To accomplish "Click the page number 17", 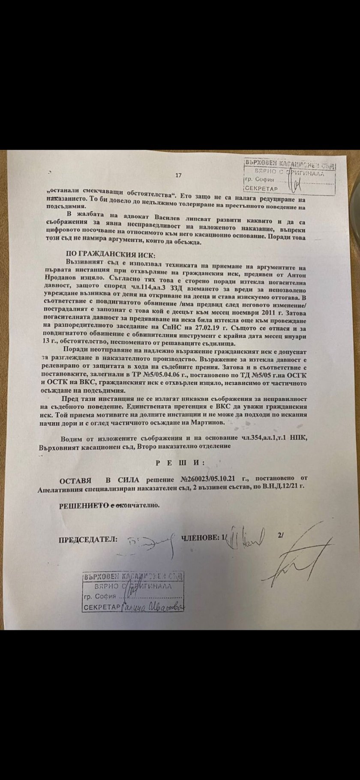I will tap(179, 175).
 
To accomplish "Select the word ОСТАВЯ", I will tap(76, 479).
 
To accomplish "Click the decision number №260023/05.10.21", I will tap(209, 479).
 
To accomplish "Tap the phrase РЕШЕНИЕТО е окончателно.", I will tap(109, 505).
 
